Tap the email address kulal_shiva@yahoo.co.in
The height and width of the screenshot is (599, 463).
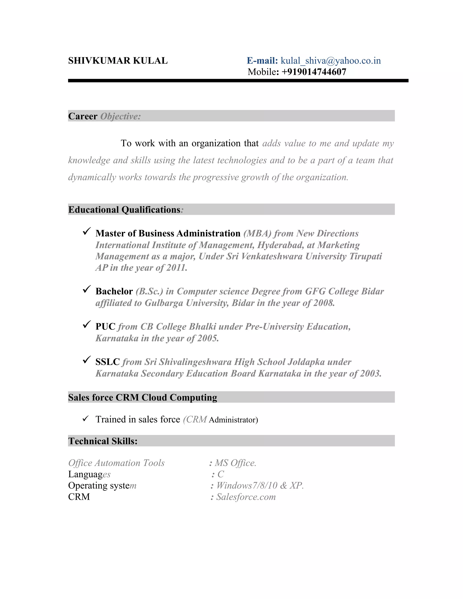[x=331, y=61]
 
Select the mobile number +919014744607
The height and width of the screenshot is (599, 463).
[x=314, y=72]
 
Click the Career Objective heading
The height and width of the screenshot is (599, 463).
[x=104, y=116]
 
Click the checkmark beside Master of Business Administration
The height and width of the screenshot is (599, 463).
[x=87, y=231]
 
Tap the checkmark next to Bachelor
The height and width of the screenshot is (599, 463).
[x=87, y=289]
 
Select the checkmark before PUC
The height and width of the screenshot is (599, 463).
[x=87, y=325]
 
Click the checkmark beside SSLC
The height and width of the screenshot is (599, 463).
[x=87, y=360]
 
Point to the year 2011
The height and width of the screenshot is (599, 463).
[x=176, y=268]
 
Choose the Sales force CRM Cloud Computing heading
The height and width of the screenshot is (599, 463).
[x=143, y=397]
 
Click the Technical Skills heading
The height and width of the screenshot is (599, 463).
[x=103, y=441]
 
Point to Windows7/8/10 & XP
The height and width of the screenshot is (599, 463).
[x=260, y=486]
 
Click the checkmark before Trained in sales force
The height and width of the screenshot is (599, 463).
[x=86, y=419]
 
